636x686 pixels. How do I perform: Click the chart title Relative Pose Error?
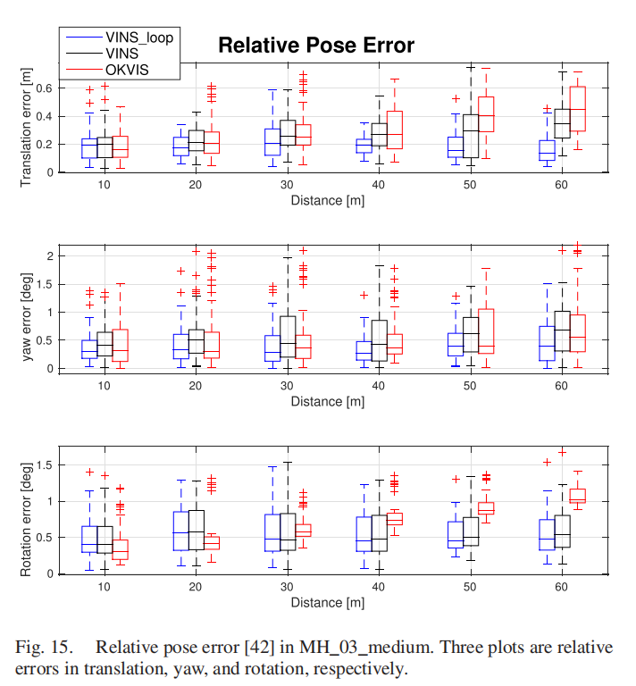[316, 45]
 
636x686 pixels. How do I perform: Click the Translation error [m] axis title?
[26, 130]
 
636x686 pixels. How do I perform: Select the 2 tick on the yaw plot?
[52, 255]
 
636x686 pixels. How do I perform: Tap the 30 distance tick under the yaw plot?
[286, 386]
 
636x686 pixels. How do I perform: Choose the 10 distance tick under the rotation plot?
[105, 587]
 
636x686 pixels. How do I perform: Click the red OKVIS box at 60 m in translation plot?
[577, 109]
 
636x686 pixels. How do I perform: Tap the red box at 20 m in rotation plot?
[212, 542]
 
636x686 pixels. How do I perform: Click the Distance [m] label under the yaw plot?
[327, 402]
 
